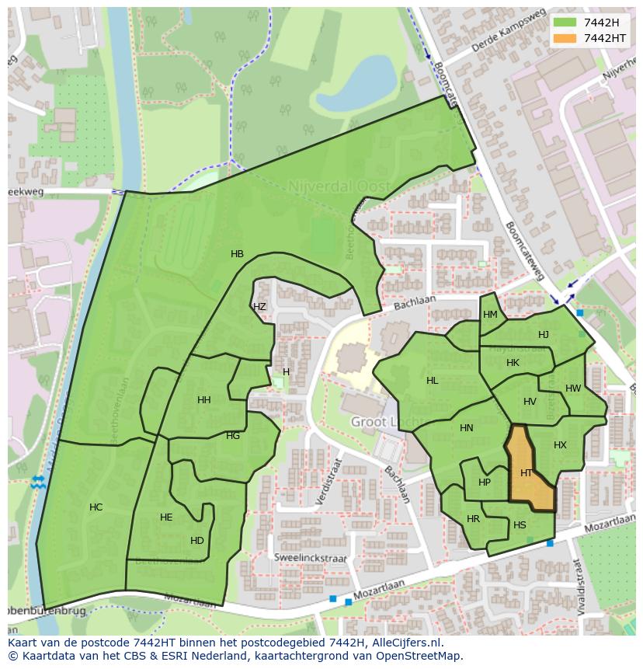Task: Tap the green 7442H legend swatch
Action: click(565, 23)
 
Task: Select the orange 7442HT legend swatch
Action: click(565, 38)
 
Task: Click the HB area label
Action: click(237, 254)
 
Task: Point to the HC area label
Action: click(96, 507)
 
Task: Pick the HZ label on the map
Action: click(259, 307)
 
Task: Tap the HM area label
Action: click(490, 315)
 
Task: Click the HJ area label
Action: click(544, 335)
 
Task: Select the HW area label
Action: click(573, 389)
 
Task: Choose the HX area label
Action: click(560, 445)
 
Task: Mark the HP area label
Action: click(485, 483)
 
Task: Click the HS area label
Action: click(520, 526)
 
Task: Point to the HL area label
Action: click(432, 381)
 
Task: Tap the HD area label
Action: click(197, 541)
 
